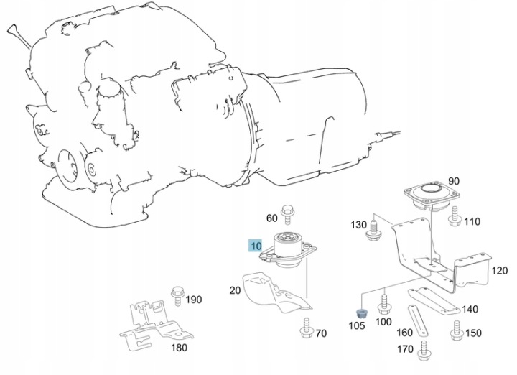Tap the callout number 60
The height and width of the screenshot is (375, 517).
[271, 218]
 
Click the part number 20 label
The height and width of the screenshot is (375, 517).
[235, 290]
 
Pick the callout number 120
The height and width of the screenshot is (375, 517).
[498, 272]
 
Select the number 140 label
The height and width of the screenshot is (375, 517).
[470, 310]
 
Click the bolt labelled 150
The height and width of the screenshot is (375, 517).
[455, 330]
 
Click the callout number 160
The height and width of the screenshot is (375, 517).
[405, 333]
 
